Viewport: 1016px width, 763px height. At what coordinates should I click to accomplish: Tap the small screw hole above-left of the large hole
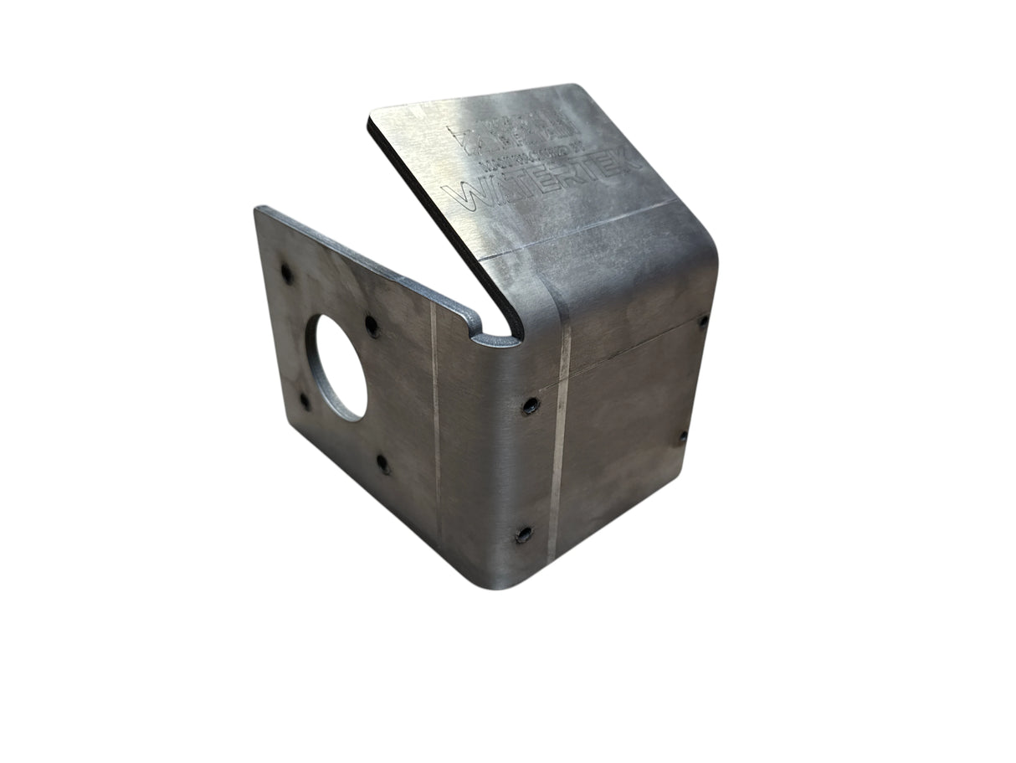click(286, 273)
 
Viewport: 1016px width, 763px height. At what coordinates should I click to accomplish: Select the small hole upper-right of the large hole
click(372, 326)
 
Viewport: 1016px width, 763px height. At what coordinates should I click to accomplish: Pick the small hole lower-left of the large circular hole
click(305, 401)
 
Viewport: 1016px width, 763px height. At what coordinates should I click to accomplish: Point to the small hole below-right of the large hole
click(382, 463)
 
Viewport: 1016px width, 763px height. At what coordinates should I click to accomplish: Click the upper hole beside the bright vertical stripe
click(530, 405)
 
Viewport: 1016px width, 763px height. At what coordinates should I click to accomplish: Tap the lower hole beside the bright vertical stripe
click(524, 534)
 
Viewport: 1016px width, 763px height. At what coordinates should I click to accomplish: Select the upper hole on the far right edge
click(702, 320)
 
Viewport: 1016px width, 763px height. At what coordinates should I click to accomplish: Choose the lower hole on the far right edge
click(682, 436)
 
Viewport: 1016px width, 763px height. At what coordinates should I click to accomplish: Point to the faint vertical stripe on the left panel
click(435, 419)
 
